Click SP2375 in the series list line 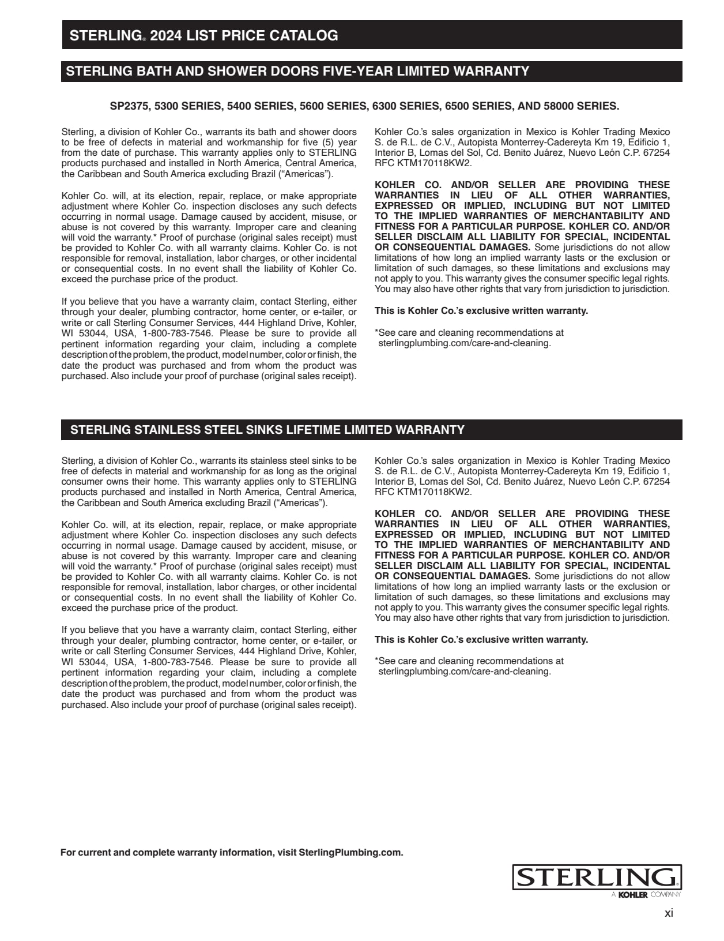tap(130, 106)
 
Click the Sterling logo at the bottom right tap(597, 878)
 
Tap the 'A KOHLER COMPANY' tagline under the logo tap(646, 895)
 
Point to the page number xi tap(669, 913)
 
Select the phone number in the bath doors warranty tap(178, 333)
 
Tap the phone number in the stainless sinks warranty tap(178, 662)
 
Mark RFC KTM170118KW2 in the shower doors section tap(423, 163)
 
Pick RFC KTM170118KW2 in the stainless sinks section tap(423, 492)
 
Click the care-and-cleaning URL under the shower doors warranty tap(465, 343)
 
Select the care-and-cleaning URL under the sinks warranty tap(465, 672)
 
